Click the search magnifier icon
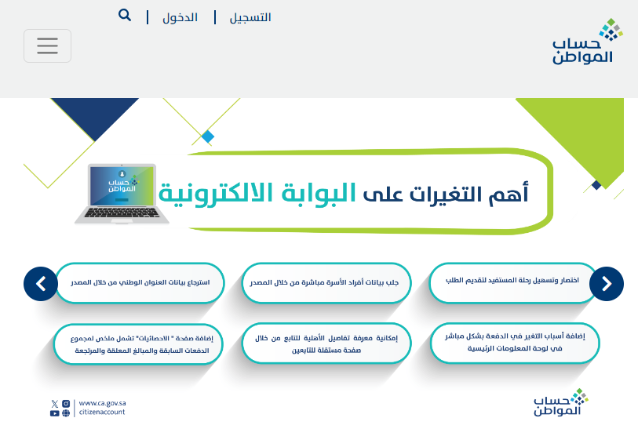[125, 16]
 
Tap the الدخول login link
[180, 17]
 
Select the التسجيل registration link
[250, 17]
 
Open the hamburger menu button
[47, 45]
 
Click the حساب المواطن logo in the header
[586, 41]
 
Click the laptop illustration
[122, 194]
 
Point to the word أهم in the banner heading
[509, 194]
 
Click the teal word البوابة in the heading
[319, 193]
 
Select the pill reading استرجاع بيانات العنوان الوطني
[140, 282]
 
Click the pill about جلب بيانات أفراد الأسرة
[326, 282]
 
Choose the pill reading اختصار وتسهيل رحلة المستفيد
[512, 282]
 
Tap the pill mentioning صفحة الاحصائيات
[138, 344]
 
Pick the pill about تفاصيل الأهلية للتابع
[326, 343]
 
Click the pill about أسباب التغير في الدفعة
[515, 343]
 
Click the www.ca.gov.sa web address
[102, 403]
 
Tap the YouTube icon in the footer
[54, 413]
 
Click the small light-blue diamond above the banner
[207, 136]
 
